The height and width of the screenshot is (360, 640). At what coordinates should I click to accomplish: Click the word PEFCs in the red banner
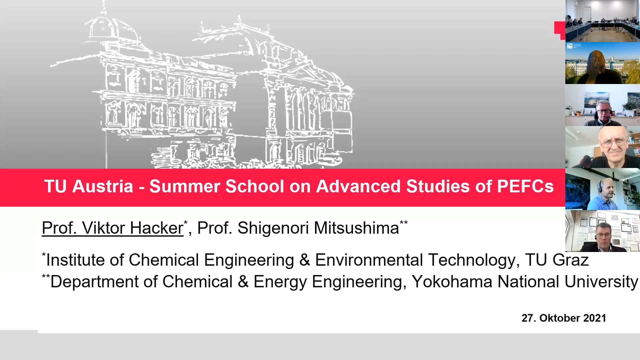point(525,186)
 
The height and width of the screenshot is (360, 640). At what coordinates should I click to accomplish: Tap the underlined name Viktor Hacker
point(133,228)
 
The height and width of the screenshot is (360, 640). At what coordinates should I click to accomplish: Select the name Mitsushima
point(356,228)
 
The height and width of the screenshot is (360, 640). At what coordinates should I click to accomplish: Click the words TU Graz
point(557,260)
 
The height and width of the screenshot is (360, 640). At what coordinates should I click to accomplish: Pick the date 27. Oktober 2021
point(564,318)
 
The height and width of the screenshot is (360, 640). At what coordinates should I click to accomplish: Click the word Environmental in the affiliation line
point(369,260)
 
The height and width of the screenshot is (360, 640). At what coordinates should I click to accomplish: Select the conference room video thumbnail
point(603,21)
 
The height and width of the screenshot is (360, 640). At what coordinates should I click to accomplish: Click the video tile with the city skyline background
point(603,63)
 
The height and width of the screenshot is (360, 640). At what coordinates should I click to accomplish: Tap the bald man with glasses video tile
point(603,147)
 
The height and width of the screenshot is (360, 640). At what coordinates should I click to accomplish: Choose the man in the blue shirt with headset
point(603,189)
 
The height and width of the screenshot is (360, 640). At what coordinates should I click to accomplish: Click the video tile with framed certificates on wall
point(603,231)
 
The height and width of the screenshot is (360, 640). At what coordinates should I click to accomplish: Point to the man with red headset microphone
point(603,105)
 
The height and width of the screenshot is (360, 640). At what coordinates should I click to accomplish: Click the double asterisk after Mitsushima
point(404,222)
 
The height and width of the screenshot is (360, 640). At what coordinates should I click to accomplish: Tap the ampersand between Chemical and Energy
point(243,282)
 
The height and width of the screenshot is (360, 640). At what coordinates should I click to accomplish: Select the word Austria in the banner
point(103,186)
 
